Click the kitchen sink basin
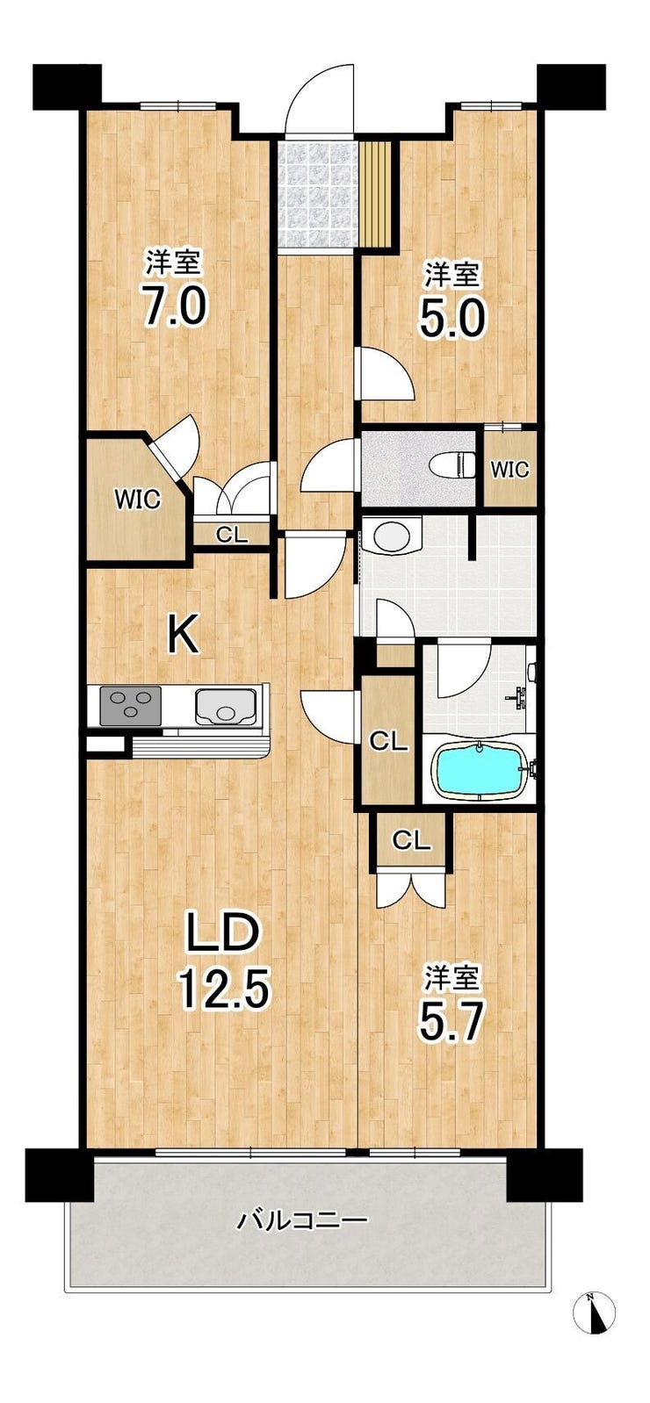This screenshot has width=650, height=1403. [x=227, y=705]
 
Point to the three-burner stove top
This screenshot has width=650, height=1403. [x=130, y=705]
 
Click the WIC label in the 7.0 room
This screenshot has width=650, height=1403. [x=137, y=500]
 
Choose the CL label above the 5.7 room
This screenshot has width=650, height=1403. [x=412, y=841]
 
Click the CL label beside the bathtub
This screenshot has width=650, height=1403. [x=388, y=742]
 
